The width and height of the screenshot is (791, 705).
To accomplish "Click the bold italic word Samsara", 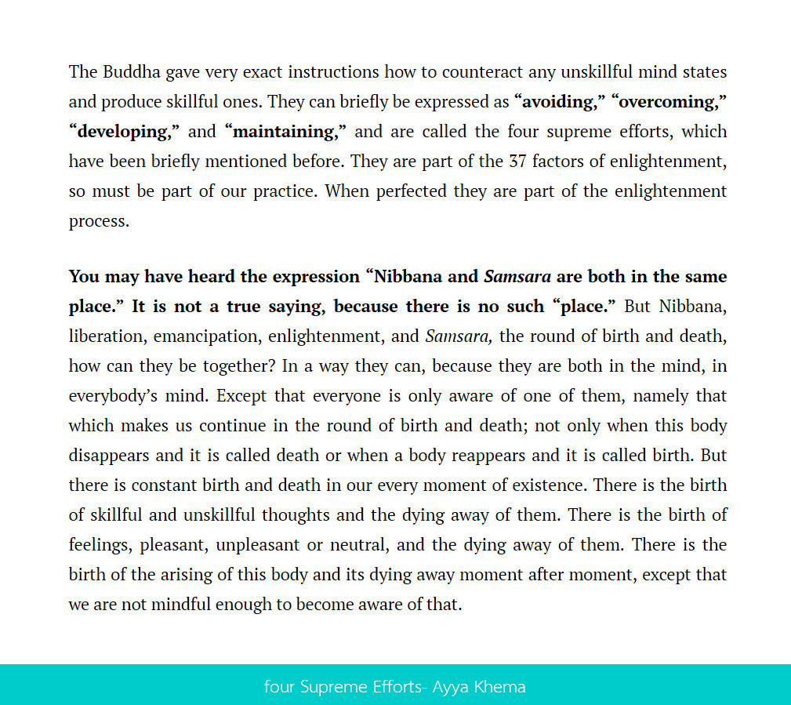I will coord(517,277).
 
